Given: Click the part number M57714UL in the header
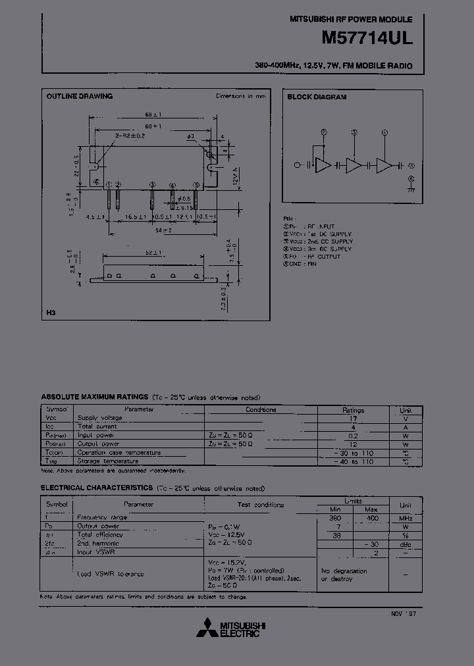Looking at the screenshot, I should pyautogui.click(x=367, y=39).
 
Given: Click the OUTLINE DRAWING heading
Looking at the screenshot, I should pyautogui.click(x=79, y=96).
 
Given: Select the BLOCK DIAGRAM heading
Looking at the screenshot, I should pyautogui.click(x=317, y=97).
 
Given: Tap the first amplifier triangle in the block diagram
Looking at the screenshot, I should pyautogui.click(x=323, y=166).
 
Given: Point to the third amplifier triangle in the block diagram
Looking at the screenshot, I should pyautogui.click(x=384, y=166).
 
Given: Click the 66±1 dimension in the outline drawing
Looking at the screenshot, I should pyautogui.click(x=153, y=114).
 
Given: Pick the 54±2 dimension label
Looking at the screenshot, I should pyautogui.click(x=164, y=230).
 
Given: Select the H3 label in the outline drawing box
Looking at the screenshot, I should pyautogui.click(x=50, y=313).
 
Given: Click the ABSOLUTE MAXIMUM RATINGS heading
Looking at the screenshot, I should pyautogui.click(x=95, y=397).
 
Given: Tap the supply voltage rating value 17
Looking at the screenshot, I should pyautogui.click(x=353, y=418).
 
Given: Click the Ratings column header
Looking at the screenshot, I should pyautogui.click(x=353, y=409).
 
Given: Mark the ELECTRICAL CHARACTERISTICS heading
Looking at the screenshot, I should pyautogui.click(x=95, y=488).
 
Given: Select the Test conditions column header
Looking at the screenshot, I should pyautogui.click(x=260, y=505).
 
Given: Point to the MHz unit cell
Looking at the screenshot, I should pyautogui.click(x=406, y=518).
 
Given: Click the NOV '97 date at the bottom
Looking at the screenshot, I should pyautogui.click(x=404, y=613).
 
